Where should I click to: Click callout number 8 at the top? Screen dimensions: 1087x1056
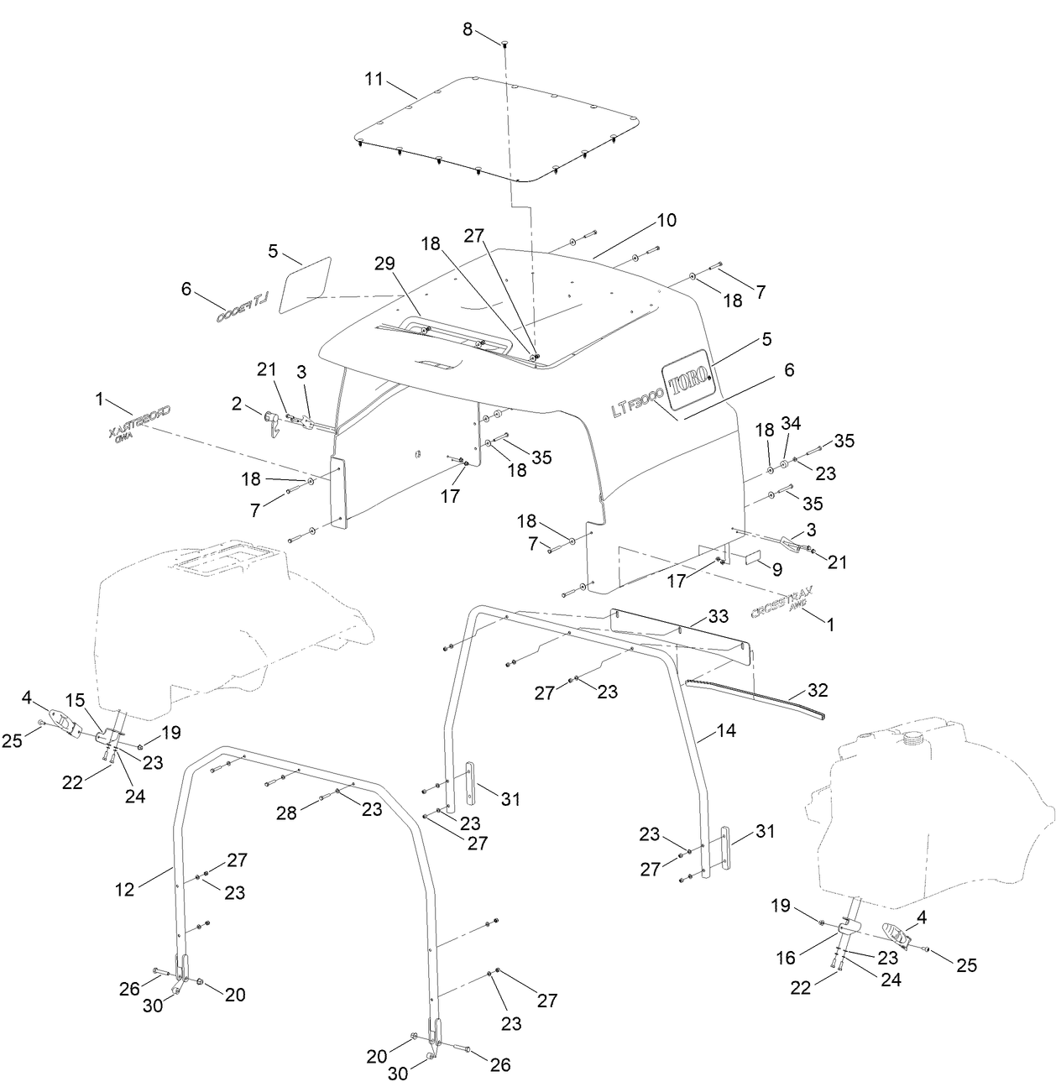click(468, 29)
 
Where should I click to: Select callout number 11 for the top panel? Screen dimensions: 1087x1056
click(374, 80)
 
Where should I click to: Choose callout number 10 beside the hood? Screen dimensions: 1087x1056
click(666, 221)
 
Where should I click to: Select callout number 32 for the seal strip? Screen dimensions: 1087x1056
click(817, 690)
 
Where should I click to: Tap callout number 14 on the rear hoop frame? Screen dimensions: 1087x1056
click(726, 731)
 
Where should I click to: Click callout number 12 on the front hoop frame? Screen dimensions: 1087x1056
click(124, 889)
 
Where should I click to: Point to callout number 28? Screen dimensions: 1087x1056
click(287, 813)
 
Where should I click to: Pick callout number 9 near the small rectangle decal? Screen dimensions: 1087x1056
click(777, 569)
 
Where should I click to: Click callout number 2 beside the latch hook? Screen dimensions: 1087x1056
click(238, 405)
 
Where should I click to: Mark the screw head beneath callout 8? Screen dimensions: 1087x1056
click(504, 42)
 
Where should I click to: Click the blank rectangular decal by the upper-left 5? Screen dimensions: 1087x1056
click(305, 283)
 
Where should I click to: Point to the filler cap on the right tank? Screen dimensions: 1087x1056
click(914, 739)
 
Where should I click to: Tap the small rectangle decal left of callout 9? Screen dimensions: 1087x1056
click(751, 557)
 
